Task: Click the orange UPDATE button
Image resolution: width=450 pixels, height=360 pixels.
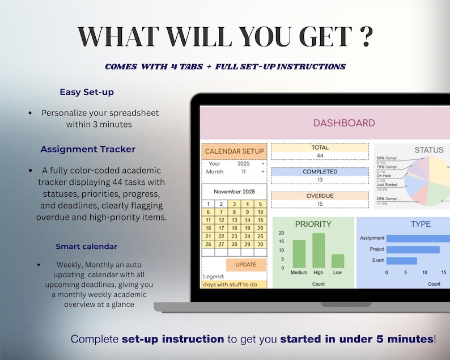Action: tap(246, 265)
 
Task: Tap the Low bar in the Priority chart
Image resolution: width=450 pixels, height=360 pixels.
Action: tap(338, 261)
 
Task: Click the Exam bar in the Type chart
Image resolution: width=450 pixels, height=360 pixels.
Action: tap(402, 261)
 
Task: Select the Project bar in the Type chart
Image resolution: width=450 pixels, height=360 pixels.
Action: tap(413, 249)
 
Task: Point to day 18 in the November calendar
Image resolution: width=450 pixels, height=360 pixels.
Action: tap(234, 228)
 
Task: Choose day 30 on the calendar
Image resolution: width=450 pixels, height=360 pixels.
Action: tap(260, 244)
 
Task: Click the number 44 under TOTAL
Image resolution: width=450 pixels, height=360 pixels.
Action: tap(320, 155)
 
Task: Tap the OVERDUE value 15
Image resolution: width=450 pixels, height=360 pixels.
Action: tap(320, 204)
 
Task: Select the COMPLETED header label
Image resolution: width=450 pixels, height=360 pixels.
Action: tap(320, 172)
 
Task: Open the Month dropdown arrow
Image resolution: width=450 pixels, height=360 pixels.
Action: tap(262, 172)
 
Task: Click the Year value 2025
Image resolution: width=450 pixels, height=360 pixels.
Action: tap(244, 164)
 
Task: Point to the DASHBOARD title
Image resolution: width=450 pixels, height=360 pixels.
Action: tap(344, 123)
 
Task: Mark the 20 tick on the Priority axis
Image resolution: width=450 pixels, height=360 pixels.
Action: tap(282, 233)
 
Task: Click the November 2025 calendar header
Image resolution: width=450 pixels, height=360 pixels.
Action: tap(234, 192)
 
